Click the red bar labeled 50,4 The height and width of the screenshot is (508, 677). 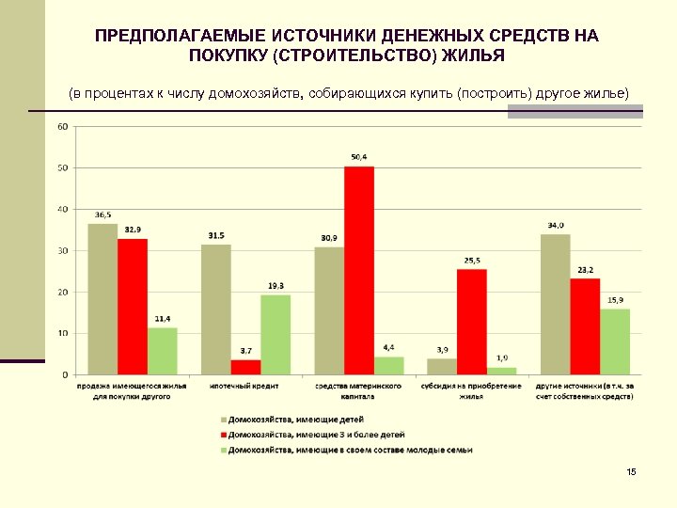tap(359, 271)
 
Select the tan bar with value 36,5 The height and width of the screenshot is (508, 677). tap(102, 299)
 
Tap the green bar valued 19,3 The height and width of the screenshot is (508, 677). tap(276, 335)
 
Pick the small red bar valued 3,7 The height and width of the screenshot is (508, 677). tap(246, 367)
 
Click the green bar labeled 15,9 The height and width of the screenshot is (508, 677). tap(615, 341)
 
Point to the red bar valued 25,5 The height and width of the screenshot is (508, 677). tap(472, 322)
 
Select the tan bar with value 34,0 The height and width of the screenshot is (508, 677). tap(556, 304)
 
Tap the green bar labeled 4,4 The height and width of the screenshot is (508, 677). tap(389, 365)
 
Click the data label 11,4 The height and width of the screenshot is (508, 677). tap(163, 319)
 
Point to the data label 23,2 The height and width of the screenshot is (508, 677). tap(586, 270)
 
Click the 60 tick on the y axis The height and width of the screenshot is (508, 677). tap(62, 127)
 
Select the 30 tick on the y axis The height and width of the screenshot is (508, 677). tap(62, 251)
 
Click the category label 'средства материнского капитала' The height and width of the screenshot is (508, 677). tap(358, 391)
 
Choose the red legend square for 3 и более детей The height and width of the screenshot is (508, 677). tap(223, 435)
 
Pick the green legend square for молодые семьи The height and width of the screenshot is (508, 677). tap(223, 450)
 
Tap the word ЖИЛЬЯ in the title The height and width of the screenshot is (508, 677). tap(472, 56)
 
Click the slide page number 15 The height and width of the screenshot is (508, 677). tap(630, 471)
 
